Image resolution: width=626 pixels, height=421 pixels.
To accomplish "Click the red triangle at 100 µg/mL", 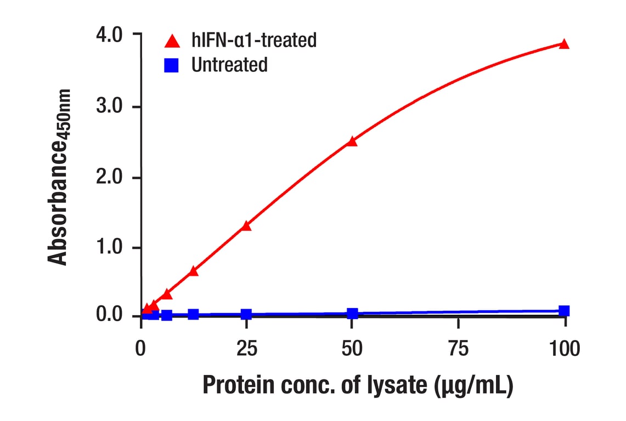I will [564, 44].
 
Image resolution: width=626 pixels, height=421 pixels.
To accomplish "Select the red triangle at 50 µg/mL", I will [352, 141].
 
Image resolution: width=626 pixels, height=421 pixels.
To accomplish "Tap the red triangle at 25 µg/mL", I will [246, 225].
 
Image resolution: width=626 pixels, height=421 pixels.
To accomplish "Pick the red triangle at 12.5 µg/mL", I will [193, 271].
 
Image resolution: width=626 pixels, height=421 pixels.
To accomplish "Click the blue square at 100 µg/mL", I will [564, 311].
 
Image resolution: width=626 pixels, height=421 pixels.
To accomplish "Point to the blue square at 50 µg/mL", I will [352, 314].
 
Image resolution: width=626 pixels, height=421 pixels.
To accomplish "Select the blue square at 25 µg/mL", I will [246, 314].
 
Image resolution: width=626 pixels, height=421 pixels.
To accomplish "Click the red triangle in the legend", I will [173, 41].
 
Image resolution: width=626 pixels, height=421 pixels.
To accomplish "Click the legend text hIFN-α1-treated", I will [254, 40].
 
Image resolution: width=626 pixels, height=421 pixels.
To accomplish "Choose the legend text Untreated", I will [229, 65].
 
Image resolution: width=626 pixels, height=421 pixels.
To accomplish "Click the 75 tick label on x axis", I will [458, 348].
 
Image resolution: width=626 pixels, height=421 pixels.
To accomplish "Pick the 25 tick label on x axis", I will [246, 348].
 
